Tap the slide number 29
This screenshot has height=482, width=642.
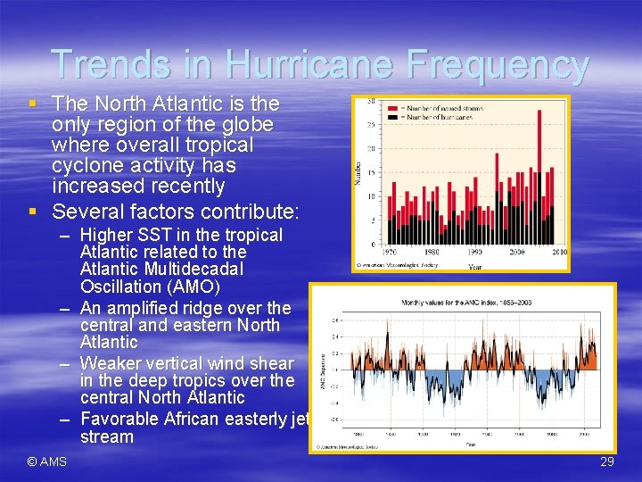click(606, 461)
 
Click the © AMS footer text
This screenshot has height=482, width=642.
click(46, 461)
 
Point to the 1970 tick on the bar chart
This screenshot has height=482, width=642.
click(389, 253)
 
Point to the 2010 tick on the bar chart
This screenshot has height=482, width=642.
click(558, 253)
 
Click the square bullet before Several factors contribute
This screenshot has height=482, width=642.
click(32, 212)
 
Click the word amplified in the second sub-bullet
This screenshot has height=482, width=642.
click(151, 308)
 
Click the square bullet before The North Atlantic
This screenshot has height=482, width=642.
click(32, 104)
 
